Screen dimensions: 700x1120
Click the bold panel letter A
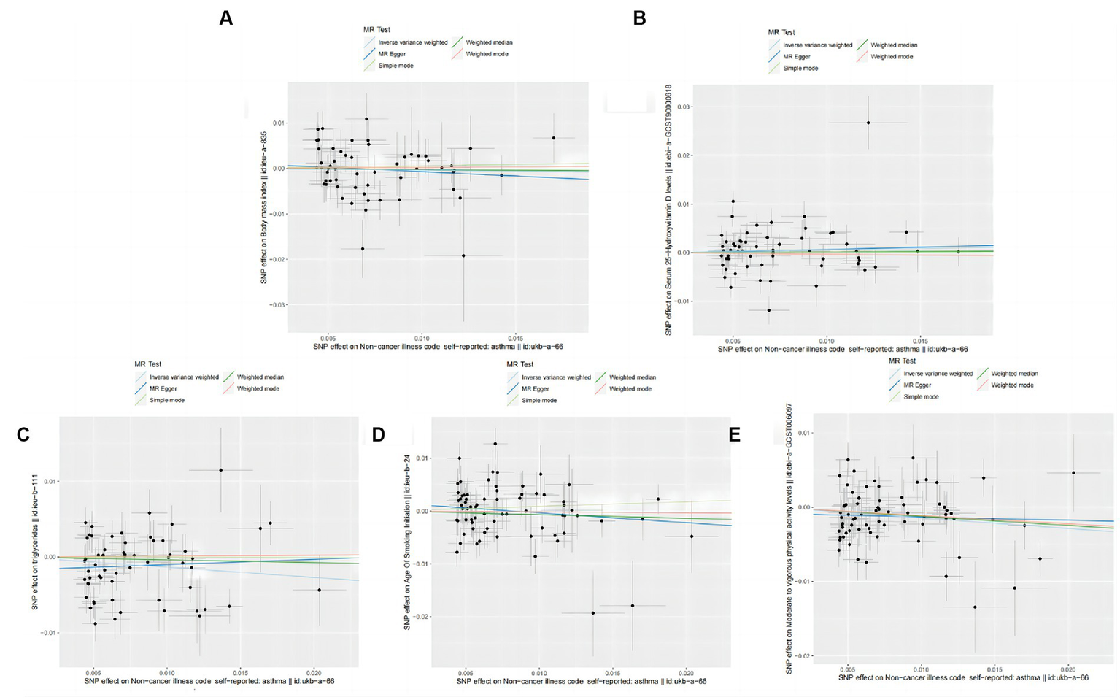click(x=226, y=18)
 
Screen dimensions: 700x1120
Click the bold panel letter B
click(x=640, y=18)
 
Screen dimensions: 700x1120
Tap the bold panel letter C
click(x=23, y=435)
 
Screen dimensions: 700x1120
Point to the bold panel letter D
click(x=378, y=435)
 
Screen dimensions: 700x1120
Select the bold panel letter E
click(x=734, y=435)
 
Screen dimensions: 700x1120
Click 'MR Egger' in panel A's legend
click(x=392, y=54)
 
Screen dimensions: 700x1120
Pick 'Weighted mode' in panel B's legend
click(x=892, y=57)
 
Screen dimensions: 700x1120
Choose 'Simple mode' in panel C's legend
click(x=167, y=400)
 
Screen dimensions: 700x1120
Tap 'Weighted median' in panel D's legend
click(x=632, y=377)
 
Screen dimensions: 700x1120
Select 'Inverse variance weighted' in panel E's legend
click(x=938, y=374)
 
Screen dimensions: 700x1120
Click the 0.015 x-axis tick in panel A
click(x=515, y=338)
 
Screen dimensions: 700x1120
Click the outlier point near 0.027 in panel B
click(x=868, y=123)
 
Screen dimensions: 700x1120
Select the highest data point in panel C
click(x=220, y=469)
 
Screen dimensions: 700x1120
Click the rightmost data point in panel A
click(x=554, y=138)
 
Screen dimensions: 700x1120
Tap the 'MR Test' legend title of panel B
click(x=781, y=32)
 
